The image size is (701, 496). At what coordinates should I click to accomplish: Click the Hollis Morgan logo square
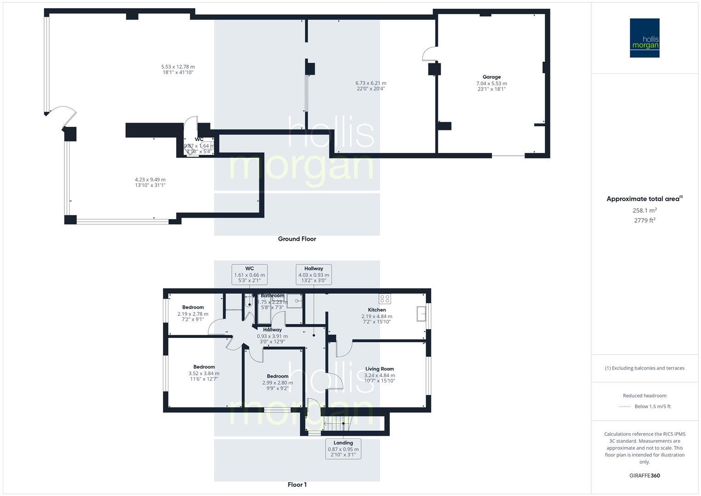pyautogui.click(x=644, y=38)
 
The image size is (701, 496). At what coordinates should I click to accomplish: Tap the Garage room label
pyautogui.click(x=491, y=77)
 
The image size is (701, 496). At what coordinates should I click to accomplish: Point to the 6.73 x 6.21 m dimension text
pyautogui.click(x=370, y=83)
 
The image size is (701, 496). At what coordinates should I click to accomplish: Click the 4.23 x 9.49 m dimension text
pyautogui.click(x=150, y=180)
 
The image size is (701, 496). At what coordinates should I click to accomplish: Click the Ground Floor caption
pyautogui.click(x=297, y=239)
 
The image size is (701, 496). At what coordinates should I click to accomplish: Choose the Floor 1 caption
pyautogui.click(x=297, y=485)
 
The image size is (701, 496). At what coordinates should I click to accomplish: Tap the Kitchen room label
pyautogui.click(x=376, y=310)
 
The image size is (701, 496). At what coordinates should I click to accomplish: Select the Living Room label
pyautogui.click(x=379, y=369)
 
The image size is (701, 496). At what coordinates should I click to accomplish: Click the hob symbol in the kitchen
pyautogui.click(x=385, y=299)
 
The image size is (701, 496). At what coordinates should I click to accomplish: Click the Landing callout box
pyautogui.click(x=343, y=449)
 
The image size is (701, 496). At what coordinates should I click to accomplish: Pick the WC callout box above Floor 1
pyautogui.click(x=249, y=275)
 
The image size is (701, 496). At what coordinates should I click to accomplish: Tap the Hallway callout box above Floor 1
pyautogui.click(x=314, y=275)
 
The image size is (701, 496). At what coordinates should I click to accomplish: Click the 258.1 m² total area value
pyautogui.click(x=644, y=210)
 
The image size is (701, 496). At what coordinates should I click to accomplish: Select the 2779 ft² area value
pyautogui.click(x=644, y=220)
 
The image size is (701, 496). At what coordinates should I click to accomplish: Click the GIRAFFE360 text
pyautogui.click(x=644, y=475)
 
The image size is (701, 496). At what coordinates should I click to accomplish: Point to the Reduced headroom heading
pyautogui.click(x=644, y=395)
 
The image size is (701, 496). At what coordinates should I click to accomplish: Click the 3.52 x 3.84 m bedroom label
pyautogui.click(x=204, y=373)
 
